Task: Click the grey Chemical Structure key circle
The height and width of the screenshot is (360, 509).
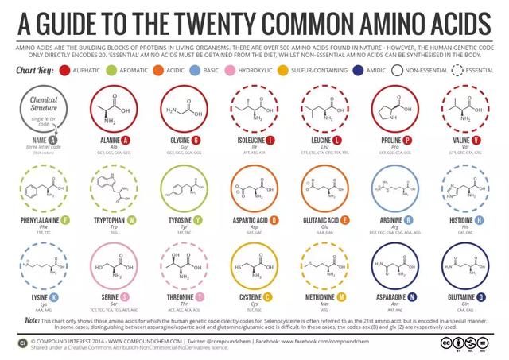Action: pyautogui.click(x=43, y=112)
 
